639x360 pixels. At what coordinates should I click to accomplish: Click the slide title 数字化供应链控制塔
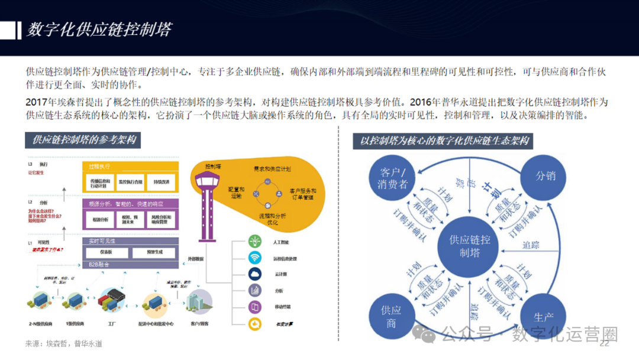click(99, 30)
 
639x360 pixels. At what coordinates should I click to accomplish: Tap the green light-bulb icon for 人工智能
click(255, 242)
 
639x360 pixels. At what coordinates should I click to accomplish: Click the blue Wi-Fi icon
click(255, 258)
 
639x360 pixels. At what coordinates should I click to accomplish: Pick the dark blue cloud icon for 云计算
click(255, 274)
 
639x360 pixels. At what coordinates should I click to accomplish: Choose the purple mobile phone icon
click(255, 307)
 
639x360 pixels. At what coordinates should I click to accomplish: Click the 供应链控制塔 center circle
click(470, 246)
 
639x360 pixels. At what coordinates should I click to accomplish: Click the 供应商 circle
click(391, 317)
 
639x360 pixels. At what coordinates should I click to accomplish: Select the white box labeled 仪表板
click(106, 253)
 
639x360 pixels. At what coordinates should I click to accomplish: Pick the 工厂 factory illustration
click(110, 300)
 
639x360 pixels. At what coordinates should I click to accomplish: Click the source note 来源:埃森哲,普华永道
click(64, 343)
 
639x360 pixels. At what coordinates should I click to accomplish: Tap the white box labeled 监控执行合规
click(130, 182)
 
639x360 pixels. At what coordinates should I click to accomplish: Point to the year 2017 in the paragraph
click(37, 102)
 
